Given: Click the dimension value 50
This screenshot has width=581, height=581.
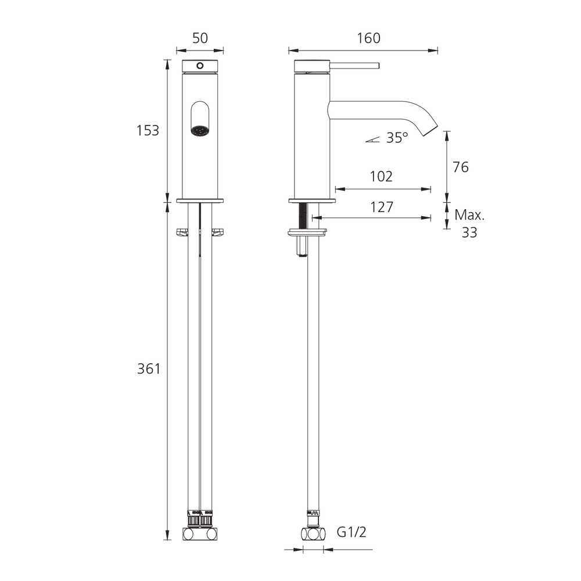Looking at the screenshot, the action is [200, 38].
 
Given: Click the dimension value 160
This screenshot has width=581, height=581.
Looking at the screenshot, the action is [368, 38].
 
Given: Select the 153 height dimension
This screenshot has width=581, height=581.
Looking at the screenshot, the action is [148, 130].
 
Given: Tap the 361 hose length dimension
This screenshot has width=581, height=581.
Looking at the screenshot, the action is [149, 369].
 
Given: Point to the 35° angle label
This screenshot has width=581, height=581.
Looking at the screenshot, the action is [397, 138].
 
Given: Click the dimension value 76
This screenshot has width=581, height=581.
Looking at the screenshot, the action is [461, 167].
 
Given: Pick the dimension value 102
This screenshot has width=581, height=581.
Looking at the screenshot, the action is [381, 177].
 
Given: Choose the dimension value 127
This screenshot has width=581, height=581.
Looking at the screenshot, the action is [382, 207].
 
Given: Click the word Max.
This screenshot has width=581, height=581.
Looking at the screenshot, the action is [469, 215].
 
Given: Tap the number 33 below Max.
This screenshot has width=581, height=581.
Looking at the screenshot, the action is [469, 232].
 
